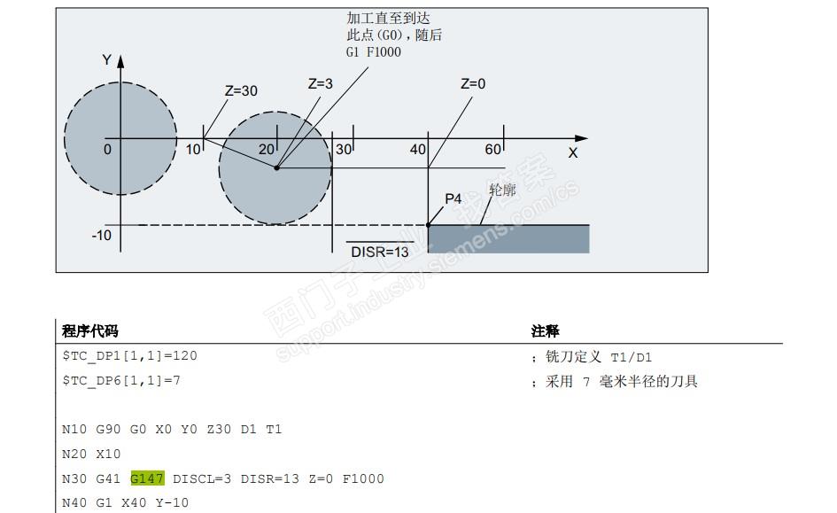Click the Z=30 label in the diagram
(241, 90)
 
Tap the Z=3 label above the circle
(321, 84)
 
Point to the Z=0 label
(473, 84)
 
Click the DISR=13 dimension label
(380, 252)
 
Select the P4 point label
(453, 199)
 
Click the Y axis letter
(107, 60)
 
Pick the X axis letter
(573, 153)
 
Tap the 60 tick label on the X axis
(493, 149)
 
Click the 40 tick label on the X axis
(418, 150)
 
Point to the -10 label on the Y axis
(102, 236)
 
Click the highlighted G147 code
(147, 478)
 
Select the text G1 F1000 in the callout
(373, 52)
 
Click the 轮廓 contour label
(502, 190)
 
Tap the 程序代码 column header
(90, 331)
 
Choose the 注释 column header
(545, 331)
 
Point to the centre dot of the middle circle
(275, 167)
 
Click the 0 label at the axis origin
(107, 150)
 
